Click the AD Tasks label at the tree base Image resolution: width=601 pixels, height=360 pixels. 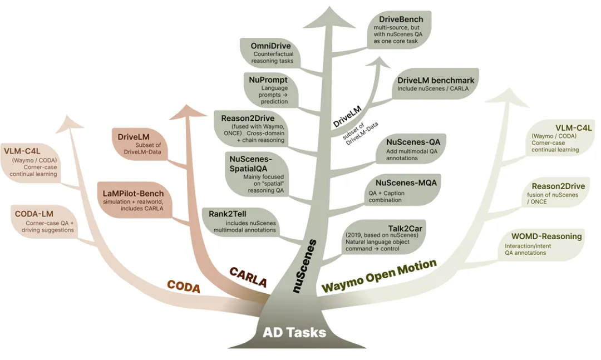[294, 333]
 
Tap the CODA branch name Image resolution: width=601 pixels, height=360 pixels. [184, 286]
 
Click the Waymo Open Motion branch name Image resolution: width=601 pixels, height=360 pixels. [379, 276]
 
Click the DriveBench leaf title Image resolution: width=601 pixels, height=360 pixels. [400, 19]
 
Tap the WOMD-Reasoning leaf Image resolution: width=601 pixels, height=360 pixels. [543, 244]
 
